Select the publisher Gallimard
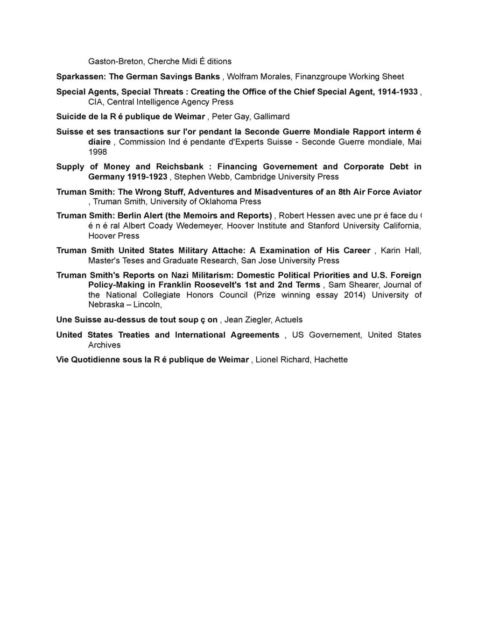[272, 116]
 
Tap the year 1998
[98, 152]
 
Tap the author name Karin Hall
[401, 251]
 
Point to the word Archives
[105, 345]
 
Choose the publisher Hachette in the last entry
[330, 360]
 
